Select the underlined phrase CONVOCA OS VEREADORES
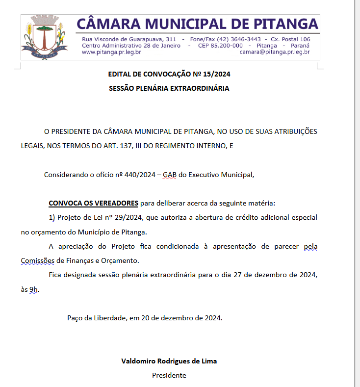point(93,203)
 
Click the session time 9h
point(33,289)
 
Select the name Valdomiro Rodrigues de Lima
point(169,361)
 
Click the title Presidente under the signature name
point(169,375)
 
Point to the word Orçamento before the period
point(121,260)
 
